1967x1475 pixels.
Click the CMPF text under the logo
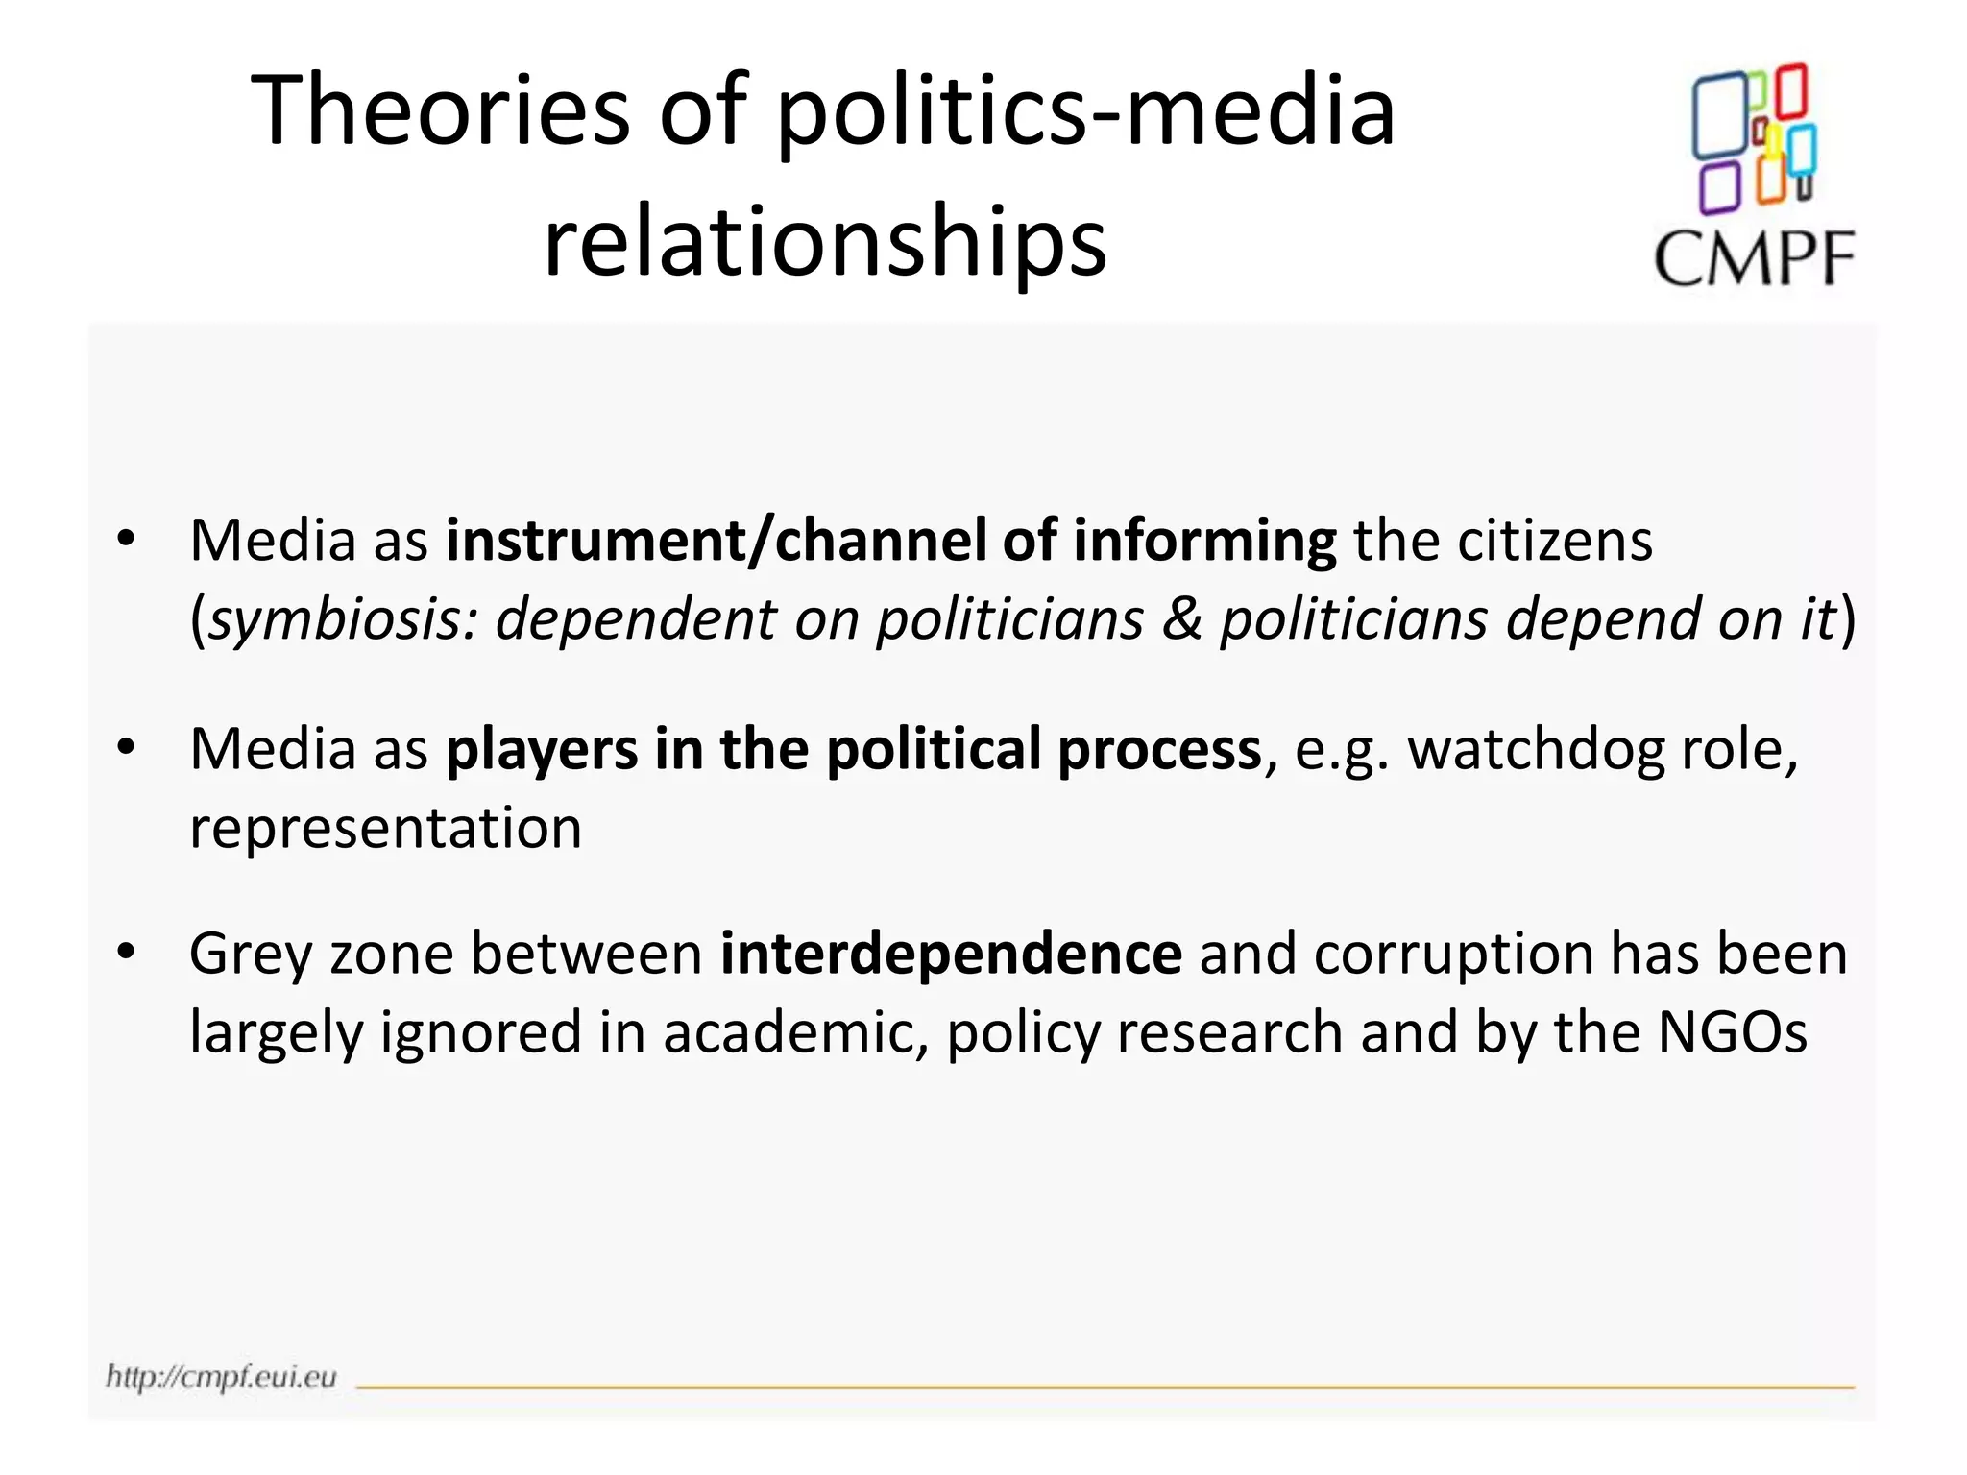pyautogui.click(x=1753, y=259)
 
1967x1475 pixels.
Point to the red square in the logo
pyautogui.click(x=1791, y=91)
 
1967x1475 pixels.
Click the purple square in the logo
pyautogui.click(x=1718, y=187)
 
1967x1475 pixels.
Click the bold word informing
pyautogui.click(x=1204, y=541)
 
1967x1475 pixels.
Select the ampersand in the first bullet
pyautogui.click(x=1181, y=619)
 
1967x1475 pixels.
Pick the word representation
pyautogui.click(x=385, y=828)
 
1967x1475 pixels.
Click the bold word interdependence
pyautogui.click(x=951, y=955)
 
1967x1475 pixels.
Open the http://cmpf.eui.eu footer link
pyautogui.click(x=222, y=1376)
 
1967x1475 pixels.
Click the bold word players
pyautogui.click(x=542, y=750)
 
